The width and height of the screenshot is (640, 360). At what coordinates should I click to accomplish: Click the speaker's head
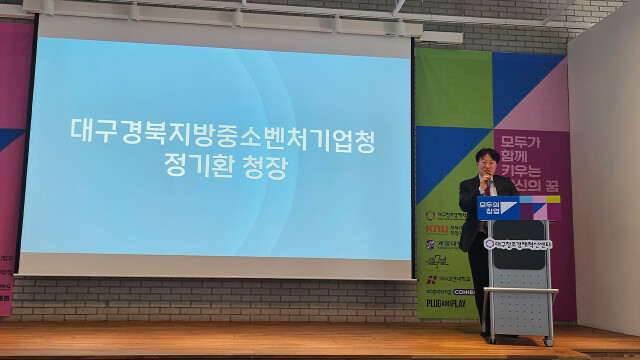point(488,161)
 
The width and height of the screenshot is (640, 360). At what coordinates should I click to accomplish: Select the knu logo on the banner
point(431,229)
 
